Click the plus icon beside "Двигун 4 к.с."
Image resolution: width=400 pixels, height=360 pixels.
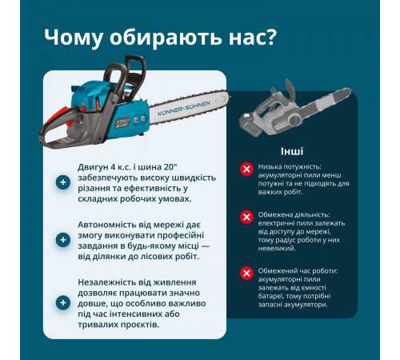tap(62, 182)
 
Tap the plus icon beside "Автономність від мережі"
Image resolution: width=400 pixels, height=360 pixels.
tap(62, 239)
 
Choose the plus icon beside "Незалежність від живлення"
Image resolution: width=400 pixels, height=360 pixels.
tap(62, 302)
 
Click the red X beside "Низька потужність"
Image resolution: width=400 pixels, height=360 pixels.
tap(246, 168)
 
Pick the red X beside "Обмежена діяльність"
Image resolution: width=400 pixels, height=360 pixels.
tap(246, 217)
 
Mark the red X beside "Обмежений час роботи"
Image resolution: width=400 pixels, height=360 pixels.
tap(246, 273)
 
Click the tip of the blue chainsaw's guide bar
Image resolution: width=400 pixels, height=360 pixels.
tap(228, 103)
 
